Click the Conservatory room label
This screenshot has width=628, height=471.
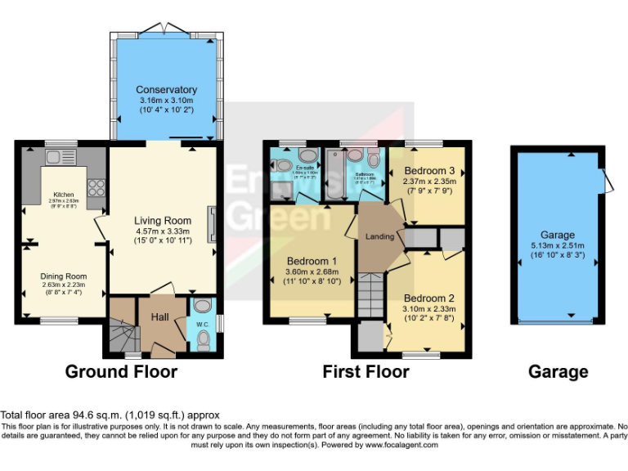pos(167,90)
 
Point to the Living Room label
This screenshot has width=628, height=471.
pos(164,221)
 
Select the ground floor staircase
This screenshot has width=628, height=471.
pos(120,327)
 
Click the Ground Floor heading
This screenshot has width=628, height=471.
pos(121,373)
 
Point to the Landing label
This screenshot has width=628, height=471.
pos(381,237)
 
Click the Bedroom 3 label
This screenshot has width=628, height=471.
pos(428,172)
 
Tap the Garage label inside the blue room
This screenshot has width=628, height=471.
pos(558,235)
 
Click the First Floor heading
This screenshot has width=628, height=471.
pos(366,373)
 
